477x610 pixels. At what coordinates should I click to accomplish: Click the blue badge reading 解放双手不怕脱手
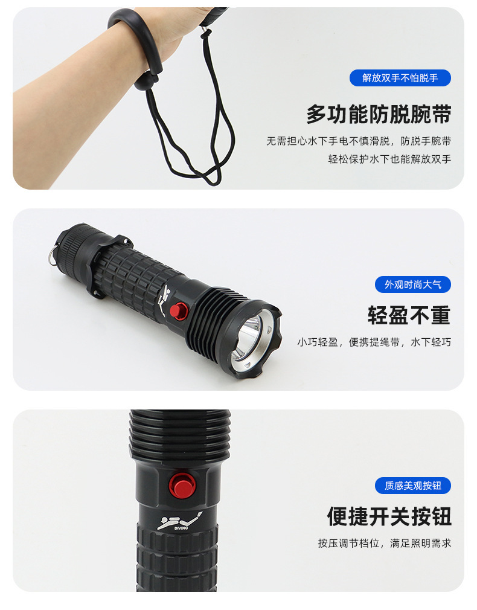pos(400,78)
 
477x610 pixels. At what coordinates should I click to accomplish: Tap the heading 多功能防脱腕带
pos(379,114)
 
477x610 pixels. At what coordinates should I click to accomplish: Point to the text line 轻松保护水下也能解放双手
pos(389,159)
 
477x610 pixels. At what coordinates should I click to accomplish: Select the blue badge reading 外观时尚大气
pos(413,284)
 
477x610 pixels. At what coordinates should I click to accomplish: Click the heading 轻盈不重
pos(409,315)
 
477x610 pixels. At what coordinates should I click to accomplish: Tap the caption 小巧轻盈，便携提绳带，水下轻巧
pos(374,342)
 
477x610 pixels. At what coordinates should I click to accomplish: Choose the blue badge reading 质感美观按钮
pos(413,486)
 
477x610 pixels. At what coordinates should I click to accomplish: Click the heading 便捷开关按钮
pos(389,516)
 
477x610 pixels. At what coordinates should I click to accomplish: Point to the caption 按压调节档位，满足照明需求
pos(385,544)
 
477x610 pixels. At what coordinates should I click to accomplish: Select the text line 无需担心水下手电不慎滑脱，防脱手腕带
pos(359,141)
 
